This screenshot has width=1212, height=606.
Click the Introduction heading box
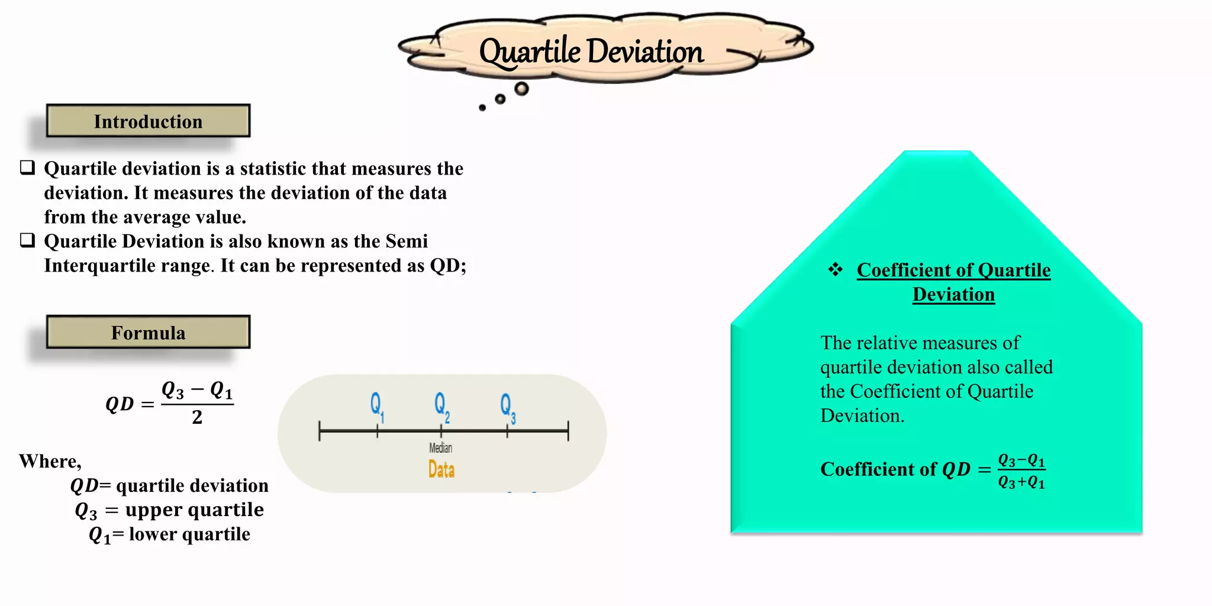(x=148, y=121)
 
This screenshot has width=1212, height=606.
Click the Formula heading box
(x=148, y=333)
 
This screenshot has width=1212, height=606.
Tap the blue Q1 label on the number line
(x=377, y=407)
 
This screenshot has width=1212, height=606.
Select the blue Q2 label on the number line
(x=441, y=407)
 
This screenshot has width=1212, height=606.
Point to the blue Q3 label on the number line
(x=508, y=407)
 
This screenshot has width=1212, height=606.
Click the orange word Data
(x=441, y=470)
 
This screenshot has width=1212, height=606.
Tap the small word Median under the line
(x=441, y=448)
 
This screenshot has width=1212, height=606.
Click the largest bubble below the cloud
(x=521, y=89)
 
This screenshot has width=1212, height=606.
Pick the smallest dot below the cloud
(x=482, y=108)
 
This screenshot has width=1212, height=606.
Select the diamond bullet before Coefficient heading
(x=835, y=270)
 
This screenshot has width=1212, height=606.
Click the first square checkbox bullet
(x=28, y=167)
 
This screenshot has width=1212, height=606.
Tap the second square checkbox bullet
(x=28, y=240)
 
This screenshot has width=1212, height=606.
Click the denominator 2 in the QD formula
(x=197, y=418)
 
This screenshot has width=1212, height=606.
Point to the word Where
(x=50, y=461)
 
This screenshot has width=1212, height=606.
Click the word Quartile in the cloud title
(x=530, y=52)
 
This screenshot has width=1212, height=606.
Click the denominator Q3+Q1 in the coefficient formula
(x=1021, y=482)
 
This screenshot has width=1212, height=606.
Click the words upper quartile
(x=194, y=510)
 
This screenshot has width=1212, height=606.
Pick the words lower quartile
(x=189, y=534)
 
